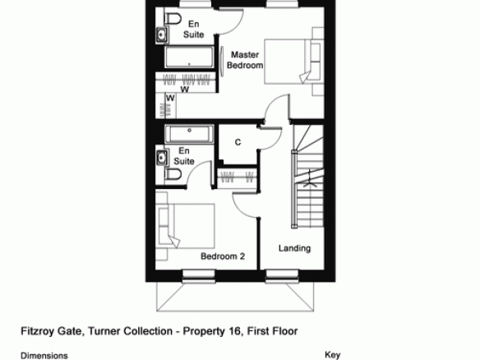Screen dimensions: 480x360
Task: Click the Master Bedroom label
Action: pyautogui.click(x=245, y=60)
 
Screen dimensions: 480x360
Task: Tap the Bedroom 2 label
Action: pyautogui.click(x=223, y=256)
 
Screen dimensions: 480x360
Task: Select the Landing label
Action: pyautogui.click(x=294, y=248)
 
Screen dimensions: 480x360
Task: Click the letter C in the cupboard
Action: pyautogui.click(x=238, y=142)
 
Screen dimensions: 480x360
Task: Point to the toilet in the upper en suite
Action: pyautogui.click(x=173, y=19)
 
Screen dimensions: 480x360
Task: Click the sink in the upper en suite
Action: pyautogui.click(x=162, y=34)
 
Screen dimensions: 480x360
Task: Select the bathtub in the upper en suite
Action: pyautogui.click(x=189, y=57)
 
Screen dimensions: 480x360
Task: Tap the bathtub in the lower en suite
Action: pyautogui.click(x=189, y=134)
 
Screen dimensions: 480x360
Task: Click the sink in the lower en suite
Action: pyautogui.click(x=162, y=158)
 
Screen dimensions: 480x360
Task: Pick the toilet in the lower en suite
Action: pyautogui.click(x=173, y=174)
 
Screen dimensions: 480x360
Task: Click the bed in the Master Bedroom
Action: pyautogui.click(x=294, y=61)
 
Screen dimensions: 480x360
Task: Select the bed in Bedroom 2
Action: pyautogui.click(x=185, y=226)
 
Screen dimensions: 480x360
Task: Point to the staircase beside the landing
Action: pyautogui.click(x=307, y=176)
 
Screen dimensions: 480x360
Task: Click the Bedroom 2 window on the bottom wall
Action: pyautogui.click(x=199, y=276)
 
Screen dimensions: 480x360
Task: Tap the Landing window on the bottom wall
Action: pyautogui.click(x=282, y=276)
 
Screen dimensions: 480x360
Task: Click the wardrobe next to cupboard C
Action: pyautogui.click(x=238, y=178)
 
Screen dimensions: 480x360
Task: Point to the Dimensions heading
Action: pyautogui.click(x=44, y=356)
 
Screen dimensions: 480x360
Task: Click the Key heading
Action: pyautogui.click(x=332, y=355)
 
